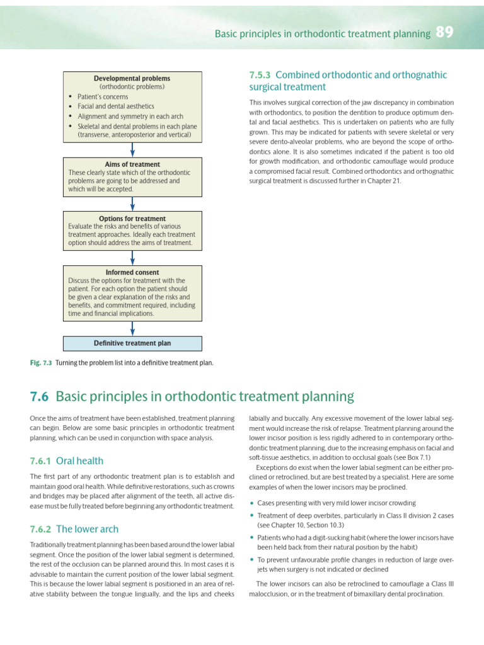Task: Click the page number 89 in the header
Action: point(444,33)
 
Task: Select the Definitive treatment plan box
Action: point(132,343)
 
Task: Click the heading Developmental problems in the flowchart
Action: point(132,78)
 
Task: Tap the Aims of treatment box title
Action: point(132,164)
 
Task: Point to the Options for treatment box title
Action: point(132,219)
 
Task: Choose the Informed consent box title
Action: point(132,272)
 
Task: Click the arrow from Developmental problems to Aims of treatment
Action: point(132,149)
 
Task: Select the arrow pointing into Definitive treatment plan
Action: point(132,328)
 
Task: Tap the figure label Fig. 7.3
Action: point(41,363)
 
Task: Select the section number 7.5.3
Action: point(261,75)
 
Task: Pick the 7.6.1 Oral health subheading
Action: point(67,461)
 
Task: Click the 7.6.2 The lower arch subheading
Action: point(74,529)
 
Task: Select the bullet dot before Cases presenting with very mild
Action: point(252,503)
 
